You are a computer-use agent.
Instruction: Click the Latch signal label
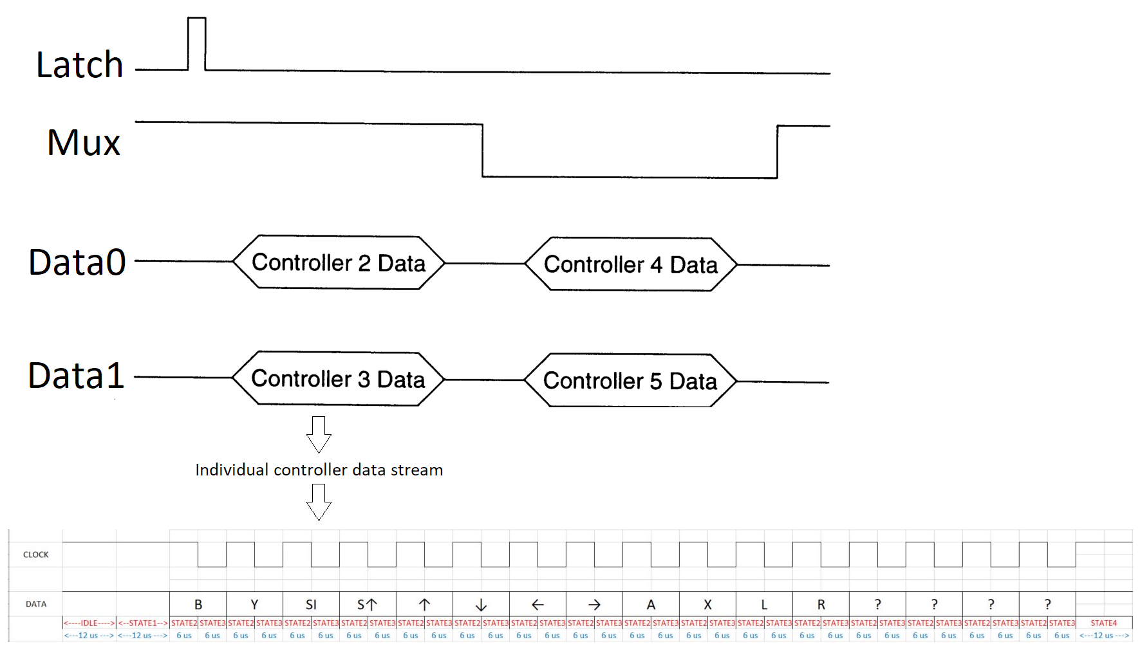coord(80,65)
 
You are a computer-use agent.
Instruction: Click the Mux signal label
coord(84,142)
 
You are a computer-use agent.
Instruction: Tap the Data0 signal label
coord(77,262)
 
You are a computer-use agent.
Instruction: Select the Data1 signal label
coord(77,376)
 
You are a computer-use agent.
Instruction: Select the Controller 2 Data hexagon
coord(339,262)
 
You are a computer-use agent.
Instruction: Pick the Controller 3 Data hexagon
coord(338,378)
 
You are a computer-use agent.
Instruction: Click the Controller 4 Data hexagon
coord(631,264)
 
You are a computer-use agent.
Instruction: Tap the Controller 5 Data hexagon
coord(630,380)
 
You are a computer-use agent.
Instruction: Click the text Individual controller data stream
coord(319,470)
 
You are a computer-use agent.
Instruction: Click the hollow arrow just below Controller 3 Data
coord(319,434)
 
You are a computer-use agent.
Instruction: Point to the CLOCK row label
coord(36,555)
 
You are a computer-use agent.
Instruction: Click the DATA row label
coord(36,604)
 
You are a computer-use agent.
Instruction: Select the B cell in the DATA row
coord(198,605)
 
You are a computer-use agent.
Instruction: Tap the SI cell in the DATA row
coord(311,605)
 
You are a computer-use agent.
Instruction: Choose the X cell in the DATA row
coord(707,605)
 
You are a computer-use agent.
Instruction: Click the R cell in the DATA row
coord(821,605)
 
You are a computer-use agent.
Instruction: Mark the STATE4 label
coord(1104,623)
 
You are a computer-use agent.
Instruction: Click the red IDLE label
coord(89,623)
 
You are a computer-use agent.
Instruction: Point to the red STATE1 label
coord(143,623)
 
